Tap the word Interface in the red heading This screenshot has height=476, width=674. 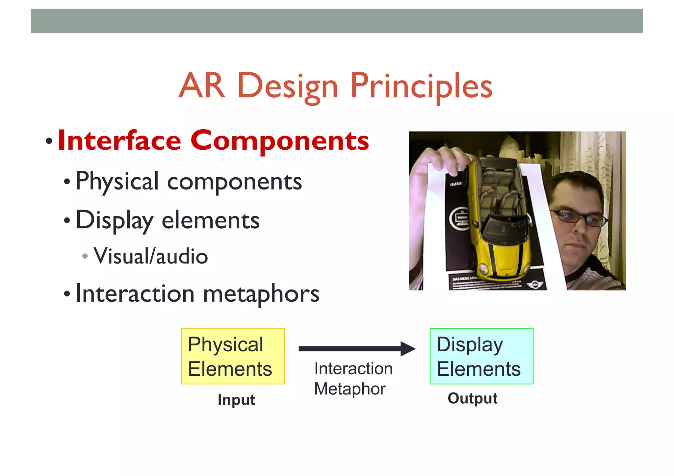pyautogui.click(x=119, y=141)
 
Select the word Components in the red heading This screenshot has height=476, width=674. pyautogui.click(x=280, y=141)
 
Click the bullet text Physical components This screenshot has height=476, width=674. pyautogui.click(x=189, y=181)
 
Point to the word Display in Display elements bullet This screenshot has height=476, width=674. pyautogui.click(x=114, y=220)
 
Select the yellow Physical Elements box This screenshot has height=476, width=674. pyautogui.click(x=233, y=356)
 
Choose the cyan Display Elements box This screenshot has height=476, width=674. pyautogui.click(x=481, y=356)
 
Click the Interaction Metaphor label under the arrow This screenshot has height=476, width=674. pyautogui.click(x=353, y=378)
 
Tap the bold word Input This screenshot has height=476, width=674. pyautogui.click(x=236, y=400)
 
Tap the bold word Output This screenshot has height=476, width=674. pyautogui.click(x=472, y=398)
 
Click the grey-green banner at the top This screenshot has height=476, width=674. pyautogui.click(x=337, y=21)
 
